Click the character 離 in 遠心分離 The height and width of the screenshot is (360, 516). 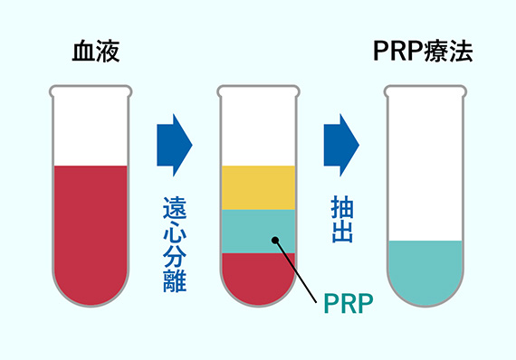(x=175, y=281)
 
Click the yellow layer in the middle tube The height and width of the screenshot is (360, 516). (x=258, y=187)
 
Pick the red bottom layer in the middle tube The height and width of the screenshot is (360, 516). (x=258, y=276)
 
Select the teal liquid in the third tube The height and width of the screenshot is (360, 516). (x=425, y=271)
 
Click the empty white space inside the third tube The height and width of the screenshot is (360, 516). (x=425, y=163)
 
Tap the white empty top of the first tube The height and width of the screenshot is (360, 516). (x=91, y=127)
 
